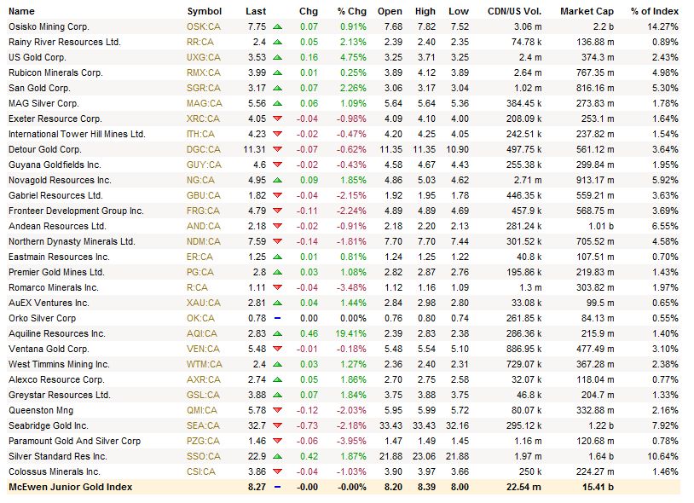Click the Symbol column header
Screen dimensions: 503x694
[204, 11]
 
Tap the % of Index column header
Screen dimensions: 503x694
[655, 11]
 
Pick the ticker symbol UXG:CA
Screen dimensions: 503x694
[203, 57]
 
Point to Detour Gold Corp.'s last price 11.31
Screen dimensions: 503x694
[256, 149]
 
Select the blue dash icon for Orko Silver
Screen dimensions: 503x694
[277, 318]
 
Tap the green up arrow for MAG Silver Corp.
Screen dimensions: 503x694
[277, 103]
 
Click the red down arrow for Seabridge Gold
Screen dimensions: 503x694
[277, 425]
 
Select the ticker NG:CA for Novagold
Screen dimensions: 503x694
[200, 180]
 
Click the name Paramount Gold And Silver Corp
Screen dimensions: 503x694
[74, 441]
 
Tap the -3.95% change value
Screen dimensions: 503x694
[350, 441]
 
